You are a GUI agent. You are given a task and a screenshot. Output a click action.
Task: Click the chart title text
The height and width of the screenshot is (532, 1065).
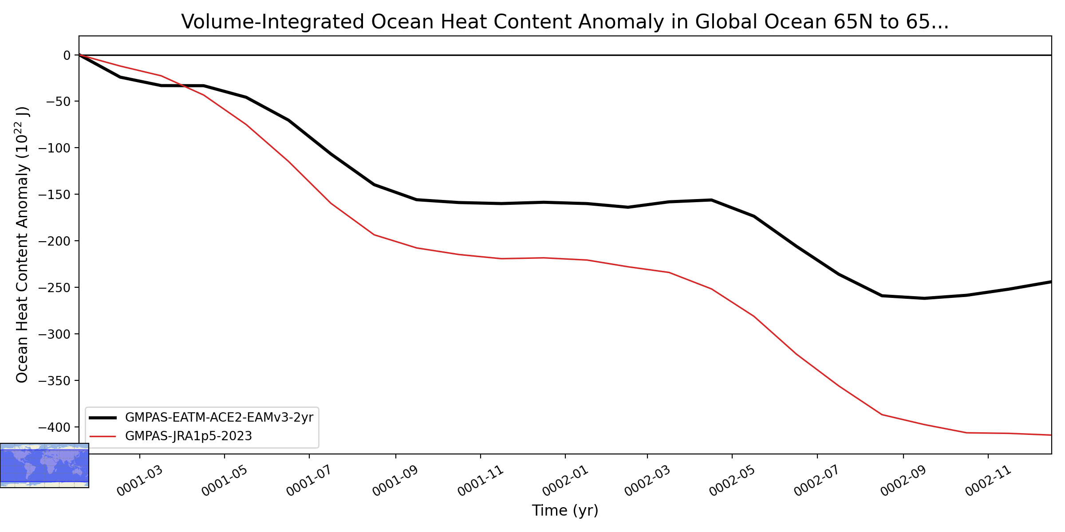[565, 22]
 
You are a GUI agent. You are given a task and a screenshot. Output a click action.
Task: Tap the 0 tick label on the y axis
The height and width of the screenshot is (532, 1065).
[67, 55]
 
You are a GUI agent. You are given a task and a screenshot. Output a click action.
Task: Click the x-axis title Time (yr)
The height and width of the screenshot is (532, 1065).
[565, 510]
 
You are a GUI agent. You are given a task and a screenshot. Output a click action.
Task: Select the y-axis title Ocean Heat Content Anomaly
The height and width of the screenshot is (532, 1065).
[22, 245]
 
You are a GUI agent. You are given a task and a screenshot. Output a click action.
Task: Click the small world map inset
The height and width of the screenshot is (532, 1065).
[44, 465]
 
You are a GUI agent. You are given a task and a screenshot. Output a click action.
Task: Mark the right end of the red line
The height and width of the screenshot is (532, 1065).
[1051, 435]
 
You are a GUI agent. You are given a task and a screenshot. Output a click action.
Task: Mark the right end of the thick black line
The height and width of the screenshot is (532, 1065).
[1051, 282]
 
